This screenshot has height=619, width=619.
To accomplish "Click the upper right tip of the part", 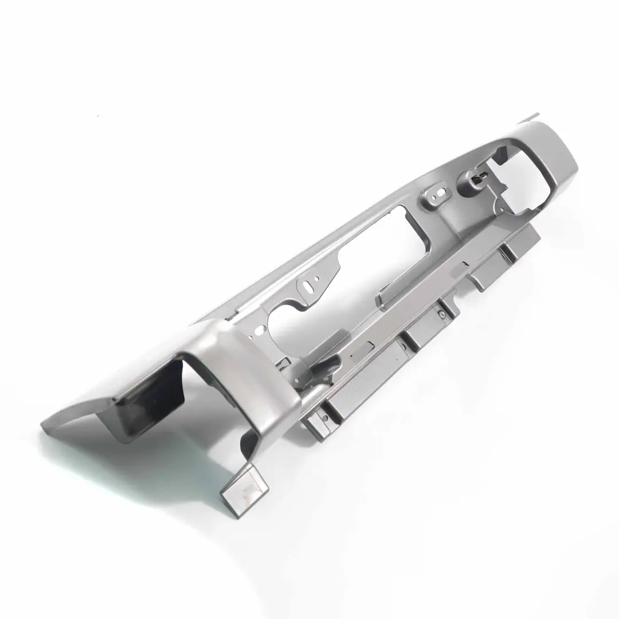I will (536, 117).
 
